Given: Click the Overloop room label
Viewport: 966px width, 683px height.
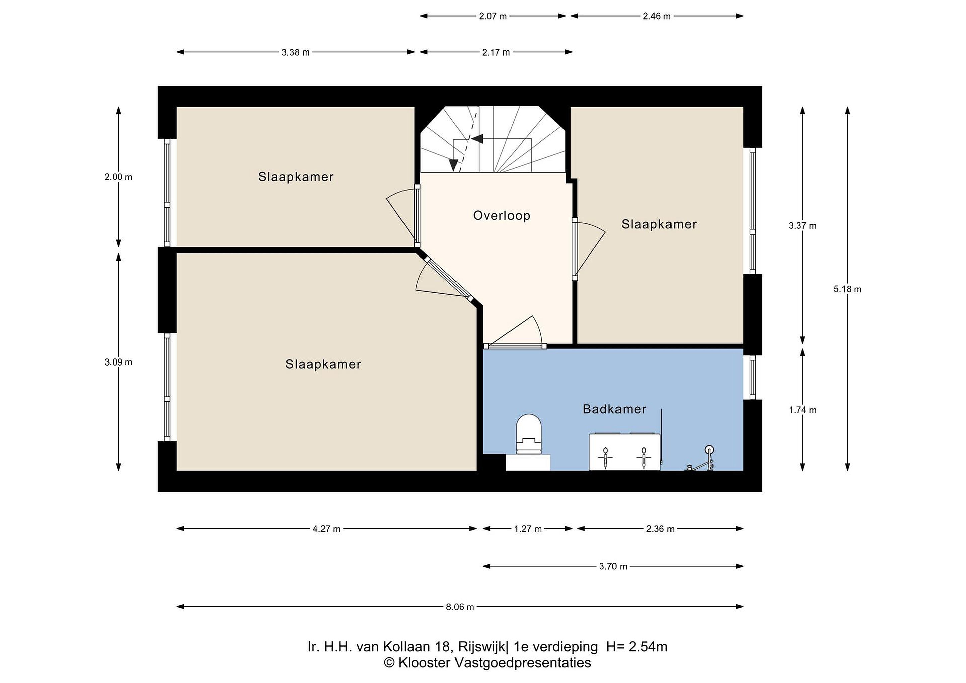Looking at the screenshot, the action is (x=501, y=215).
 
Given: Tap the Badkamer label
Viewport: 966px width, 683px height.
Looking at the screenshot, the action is (x=614, y=409).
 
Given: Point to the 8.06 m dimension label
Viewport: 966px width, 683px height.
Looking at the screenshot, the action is (x=460, y=607).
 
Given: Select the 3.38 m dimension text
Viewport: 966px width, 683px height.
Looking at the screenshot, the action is (x=296, y=53).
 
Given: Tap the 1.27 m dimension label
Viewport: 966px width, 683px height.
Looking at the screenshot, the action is (x=528, y=529).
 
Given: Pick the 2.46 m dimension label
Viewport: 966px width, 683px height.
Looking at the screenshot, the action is (x=657, y=16).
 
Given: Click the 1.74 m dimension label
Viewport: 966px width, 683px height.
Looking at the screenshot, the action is (x=803, y=410).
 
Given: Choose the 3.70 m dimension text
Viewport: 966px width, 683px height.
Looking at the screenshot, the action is (x=613, y=567).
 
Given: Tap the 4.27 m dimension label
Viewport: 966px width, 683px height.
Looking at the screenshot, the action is (x=326, y=529).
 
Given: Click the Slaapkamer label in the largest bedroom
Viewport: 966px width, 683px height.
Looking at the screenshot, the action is (x=323, y=364).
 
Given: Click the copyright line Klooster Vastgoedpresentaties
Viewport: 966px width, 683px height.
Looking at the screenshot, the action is (x=487, y=663).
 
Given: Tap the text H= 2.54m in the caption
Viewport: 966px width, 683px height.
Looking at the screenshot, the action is (x=637, y=647).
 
